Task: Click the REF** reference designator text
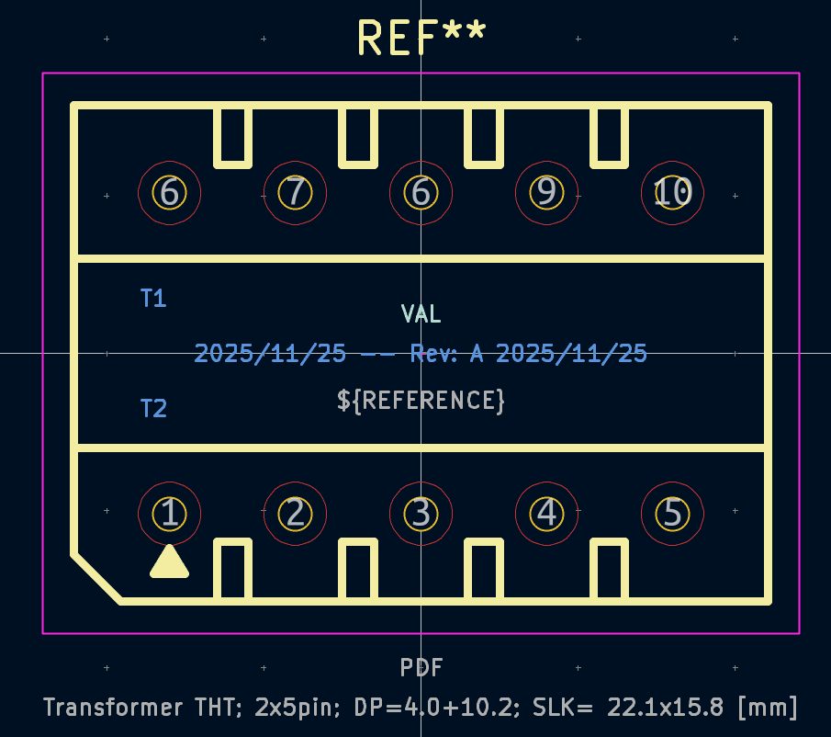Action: click(x=421, y=38)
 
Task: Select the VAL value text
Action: click(x=421, y=314)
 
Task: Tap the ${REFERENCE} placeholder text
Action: click(x=421, y=401)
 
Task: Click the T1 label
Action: click(x=153, y=298)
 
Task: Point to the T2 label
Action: click(x=153, y=408)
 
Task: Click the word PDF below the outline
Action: click(x=421, y=668)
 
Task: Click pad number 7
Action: click(x=295, y=192)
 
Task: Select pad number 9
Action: click(x=546, y=192)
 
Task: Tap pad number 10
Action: click(x=672, y=192)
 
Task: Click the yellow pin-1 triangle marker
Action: click(x=169, y=563)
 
